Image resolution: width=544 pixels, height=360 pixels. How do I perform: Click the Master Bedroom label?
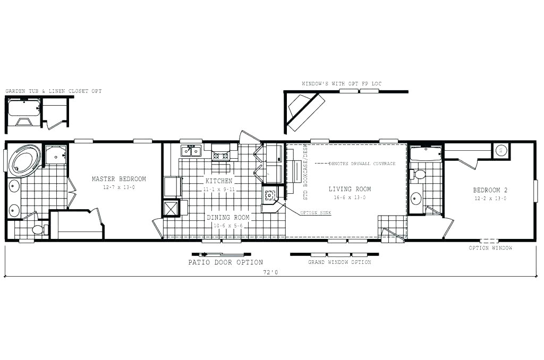[x=118, y=179]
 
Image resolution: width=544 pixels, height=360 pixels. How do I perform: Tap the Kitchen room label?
[x=218, y=181]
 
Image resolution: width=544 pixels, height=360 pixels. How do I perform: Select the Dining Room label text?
[x=227, y=217]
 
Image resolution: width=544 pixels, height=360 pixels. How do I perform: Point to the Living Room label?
[x=350, y=189]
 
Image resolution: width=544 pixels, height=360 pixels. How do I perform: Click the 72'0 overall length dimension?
[x=270, y=272]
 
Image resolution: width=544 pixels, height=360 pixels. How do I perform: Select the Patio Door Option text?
[x=225, y=262]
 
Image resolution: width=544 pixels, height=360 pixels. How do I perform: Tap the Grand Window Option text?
[x=339, y=262]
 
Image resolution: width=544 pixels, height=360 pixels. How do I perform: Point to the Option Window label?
[x=490, y=248]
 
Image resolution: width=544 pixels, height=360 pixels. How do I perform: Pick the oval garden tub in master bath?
[x=24, y=160]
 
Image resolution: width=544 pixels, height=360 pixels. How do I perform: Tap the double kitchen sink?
[x=191, y=151]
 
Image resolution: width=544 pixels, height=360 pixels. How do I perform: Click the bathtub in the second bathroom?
[x=426, y=155]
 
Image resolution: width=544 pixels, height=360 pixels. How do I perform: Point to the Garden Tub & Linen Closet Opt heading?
[x=53, y=91]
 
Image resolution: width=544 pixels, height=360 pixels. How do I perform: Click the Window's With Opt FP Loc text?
[x=341, y=84]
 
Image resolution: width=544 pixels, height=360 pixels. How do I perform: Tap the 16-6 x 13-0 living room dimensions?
[x=350, y=198]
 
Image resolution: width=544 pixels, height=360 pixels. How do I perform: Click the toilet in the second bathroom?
[x=419, y=174]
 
